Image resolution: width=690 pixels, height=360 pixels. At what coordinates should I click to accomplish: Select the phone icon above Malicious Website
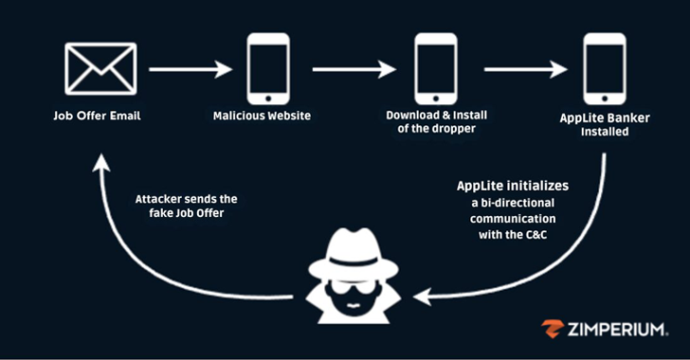[268, 68]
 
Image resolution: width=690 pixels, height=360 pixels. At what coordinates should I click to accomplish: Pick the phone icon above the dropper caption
[436, 68]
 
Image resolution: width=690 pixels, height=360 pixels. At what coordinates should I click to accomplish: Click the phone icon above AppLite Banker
[604, 68]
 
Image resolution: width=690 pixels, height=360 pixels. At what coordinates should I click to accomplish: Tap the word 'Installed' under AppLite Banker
[605, 132]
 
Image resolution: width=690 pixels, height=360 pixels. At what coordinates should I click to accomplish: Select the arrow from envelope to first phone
[190, 69]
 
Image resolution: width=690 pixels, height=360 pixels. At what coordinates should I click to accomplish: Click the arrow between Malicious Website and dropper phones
[354, 69]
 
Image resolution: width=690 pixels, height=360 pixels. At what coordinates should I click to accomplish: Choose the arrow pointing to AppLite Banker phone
[525, 69]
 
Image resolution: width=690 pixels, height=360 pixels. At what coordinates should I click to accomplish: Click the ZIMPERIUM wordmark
[620, 329]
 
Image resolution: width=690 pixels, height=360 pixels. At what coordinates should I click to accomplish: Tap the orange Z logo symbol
[553, 329]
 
